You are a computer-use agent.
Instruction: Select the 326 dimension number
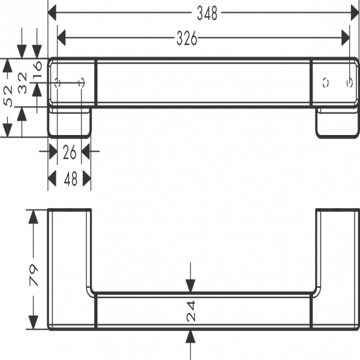(x=187, y=38)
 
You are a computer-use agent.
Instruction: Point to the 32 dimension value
(x=23, y=83)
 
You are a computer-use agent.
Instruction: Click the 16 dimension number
(x=37, y=68)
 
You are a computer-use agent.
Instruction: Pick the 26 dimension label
(x=70, y=152)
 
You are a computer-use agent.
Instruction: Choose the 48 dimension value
(x=70, y=179)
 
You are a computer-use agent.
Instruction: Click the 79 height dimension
(x=34, y=274)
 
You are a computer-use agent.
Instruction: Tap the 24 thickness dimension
(x=191, y=311)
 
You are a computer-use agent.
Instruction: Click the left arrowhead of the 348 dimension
(x=52, y=11)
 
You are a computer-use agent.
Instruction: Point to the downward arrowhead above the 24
(x=191, y=287)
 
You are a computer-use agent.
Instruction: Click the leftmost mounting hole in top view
(x=58, y=83)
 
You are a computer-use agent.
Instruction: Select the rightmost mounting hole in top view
(x=349, y=83)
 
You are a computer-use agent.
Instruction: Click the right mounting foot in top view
(x=337, y=123)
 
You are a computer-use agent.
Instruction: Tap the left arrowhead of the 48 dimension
(x=52, y=179)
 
